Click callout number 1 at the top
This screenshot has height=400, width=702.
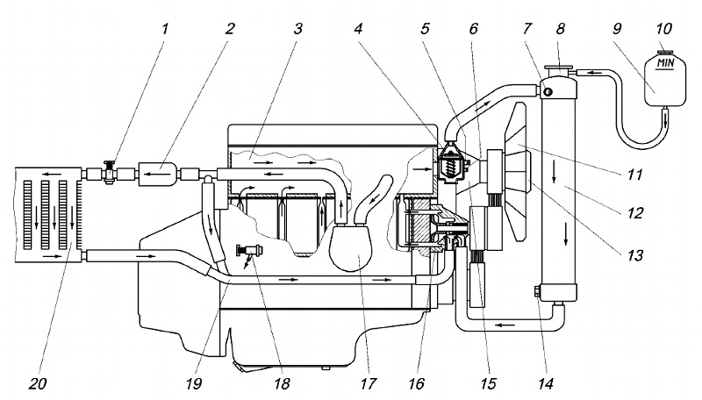click(165, 29)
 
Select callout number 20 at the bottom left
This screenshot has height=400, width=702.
click(38, 383)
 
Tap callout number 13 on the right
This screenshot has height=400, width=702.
click(634, 255)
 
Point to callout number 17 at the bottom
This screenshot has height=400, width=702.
click(367, 383)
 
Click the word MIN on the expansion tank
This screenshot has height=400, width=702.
click(665, 62)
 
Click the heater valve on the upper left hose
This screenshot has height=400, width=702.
click(108, 172)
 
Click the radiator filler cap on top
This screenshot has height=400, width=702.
click(558, 71)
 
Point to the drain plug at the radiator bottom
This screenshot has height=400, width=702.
click(537, 292)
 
